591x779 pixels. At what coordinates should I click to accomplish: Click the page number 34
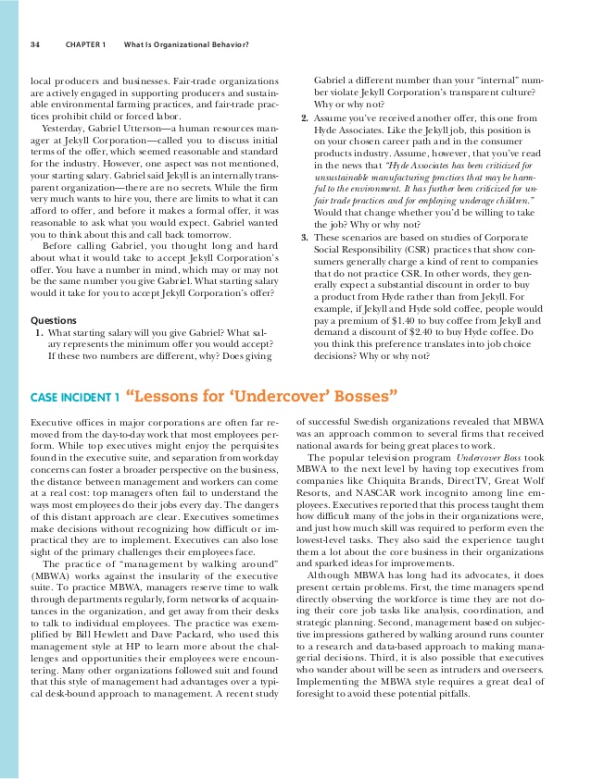pyautogui.click(x=34, y=44)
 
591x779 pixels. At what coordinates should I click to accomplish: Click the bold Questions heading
pyautogui.click(x=54, y=320)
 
